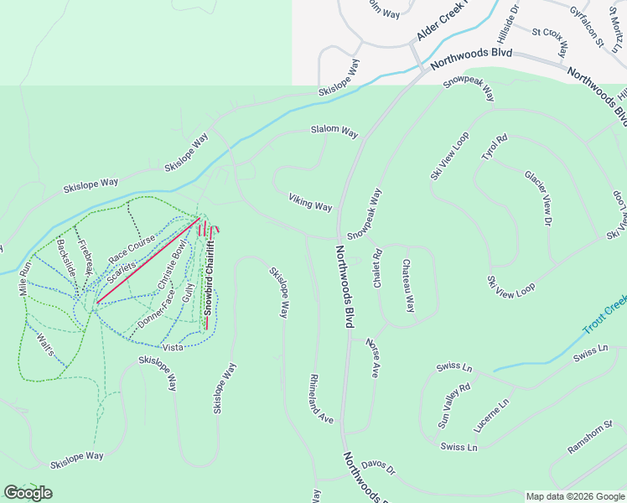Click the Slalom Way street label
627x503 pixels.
[x=334, y=132]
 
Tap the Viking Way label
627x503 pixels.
[x=310, y=201]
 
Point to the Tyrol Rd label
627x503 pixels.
[x=494, y=148]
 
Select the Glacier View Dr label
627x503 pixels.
[x=538, y=198]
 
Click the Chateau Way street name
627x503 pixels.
[x=407, y=286]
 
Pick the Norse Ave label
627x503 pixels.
[x=371, y=358]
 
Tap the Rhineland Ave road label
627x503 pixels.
[x=322, y=398]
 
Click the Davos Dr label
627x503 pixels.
[x=378, y=466]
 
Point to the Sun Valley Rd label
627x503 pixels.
[x=454, y=406]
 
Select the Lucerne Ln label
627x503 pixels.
[x=492, y=416]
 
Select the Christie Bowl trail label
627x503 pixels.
[x=171, y=267]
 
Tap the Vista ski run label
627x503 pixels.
[x=173, y=347]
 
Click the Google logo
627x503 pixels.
[x=28, y=493]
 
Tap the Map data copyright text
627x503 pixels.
[x=574, y=496]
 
